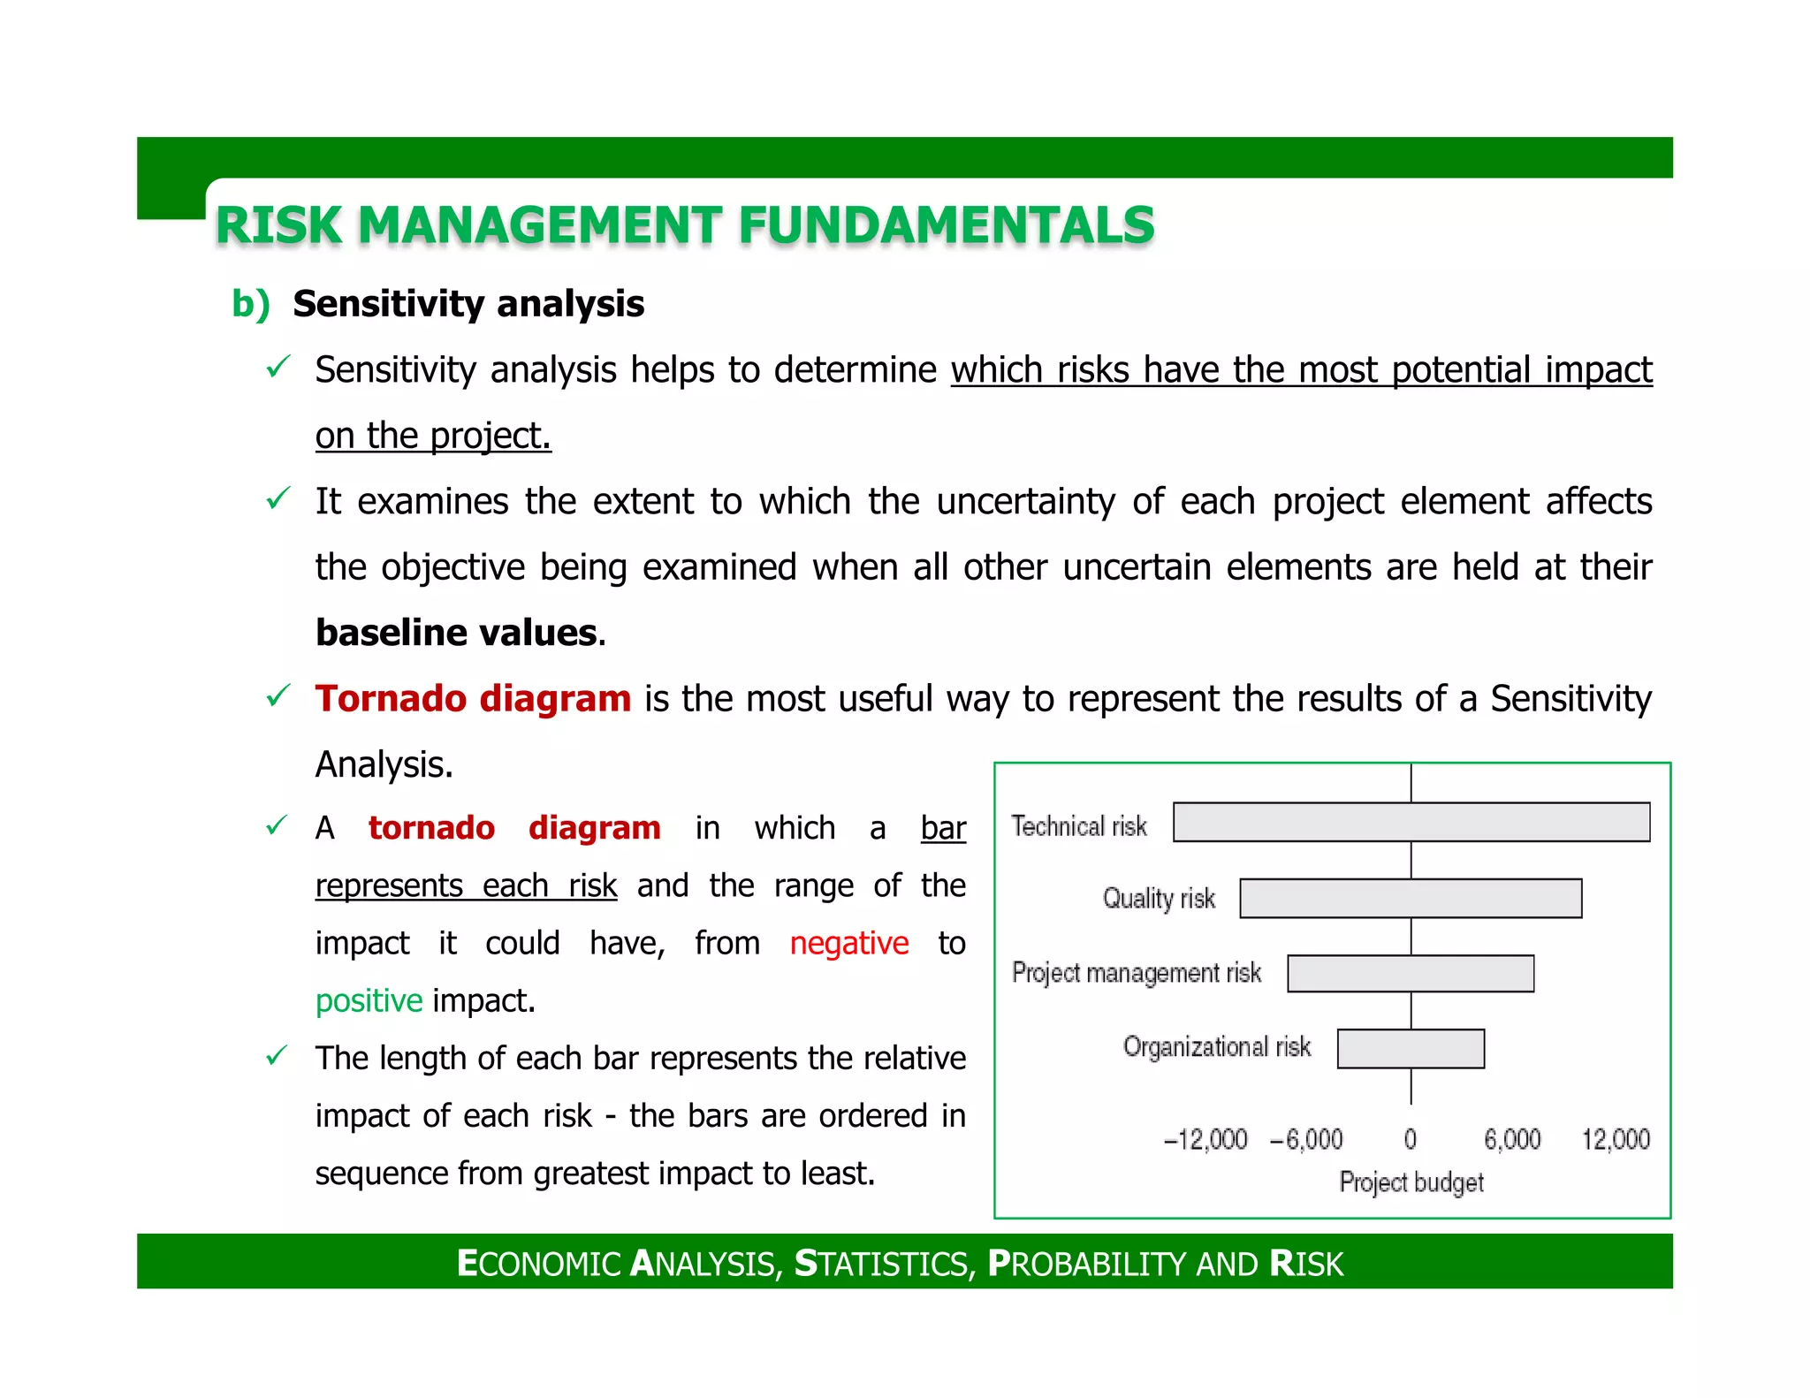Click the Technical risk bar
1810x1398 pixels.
[1411, 822]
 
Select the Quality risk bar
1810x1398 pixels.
[1411, 898]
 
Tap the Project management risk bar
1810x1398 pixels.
[1411, 973]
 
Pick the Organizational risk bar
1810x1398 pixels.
[1411, 1049]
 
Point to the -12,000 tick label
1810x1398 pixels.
[1205, 1139]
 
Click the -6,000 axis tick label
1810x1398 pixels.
[1306, 1139]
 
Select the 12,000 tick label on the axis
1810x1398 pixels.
[1615, 1139]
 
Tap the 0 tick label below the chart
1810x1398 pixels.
[1411, 1139]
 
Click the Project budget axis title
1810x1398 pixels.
[1411, 1182]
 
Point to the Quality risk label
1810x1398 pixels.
[1159, 899]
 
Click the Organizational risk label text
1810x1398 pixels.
[1216, 1047]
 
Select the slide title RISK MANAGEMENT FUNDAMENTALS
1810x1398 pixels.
[685, 224]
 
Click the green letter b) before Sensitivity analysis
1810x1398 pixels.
[250, 303]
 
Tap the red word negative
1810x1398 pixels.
[848, 944]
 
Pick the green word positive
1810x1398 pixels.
[369, 1001]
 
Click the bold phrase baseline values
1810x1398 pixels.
[456, 633]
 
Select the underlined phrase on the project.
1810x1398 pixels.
[433, 436]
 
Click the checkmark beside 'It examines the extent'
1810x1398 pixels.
[278, 499]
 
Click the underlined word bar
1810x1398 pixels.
[943, 828]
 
